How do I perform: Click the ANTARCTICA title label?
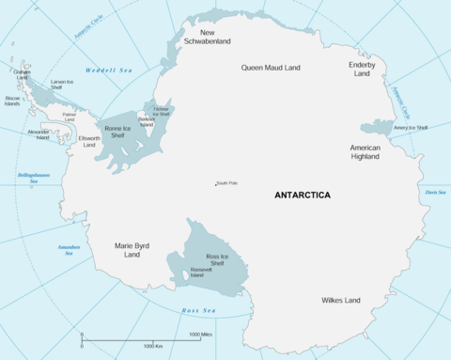click(302, 196)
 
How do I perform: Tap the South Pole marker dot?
click(214, 183)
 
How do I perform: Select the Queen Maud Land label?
click(270, 68)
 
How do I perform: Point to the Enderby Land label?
click(362, 70)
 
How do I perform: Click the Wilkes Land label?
click(339, 301)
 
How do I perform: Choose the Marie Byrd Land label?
click(132, 250)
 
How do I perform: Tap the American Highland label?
click(365, 152)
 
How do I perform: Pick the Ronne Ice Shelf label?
click(117, 133)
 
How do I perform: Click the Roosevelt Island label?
click(202, 273)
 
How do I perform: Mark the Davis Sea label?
click(434, 192)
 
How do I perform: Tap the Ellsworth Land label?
click(88, 142)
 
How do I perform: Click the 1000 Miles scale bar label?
click(200, 335)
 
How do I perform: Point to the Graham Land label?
click(22, 74)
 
